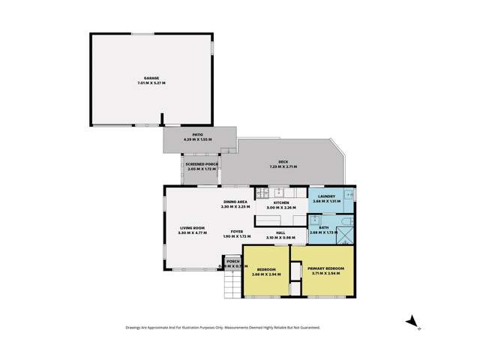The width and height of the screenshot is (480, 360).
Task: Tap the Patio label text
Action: (198, 135)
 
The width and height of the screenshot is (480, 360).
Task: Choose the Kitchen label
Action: (281, 202)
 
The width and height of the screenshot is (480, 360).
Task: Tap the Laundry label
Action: (326, 196)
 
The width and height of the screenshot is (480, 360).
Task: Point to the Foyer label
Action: (236, 232)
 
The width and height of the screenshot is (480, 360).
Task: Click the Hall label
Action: (280, 232)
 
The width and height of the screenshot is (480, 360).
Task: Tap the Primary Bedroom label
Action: (325, 268)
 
